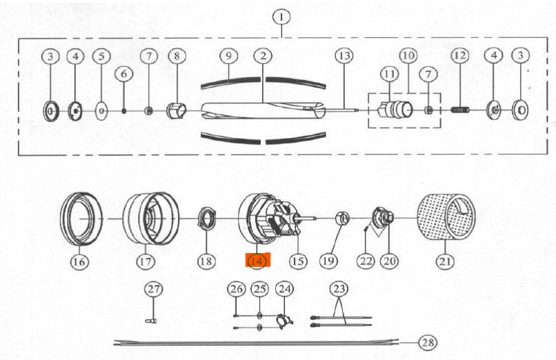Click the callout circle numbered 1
(x=281, y=17)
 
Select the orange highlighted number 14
(x=257, y=261)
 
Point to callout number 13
(x=344, y=54)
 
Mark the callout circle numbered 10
(x=407, y=54)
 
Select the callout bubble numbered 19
(x=328, y=261)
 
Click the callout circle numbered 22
(x=365, y=261)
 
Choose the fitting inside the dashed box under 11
(x=393, y=109)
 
